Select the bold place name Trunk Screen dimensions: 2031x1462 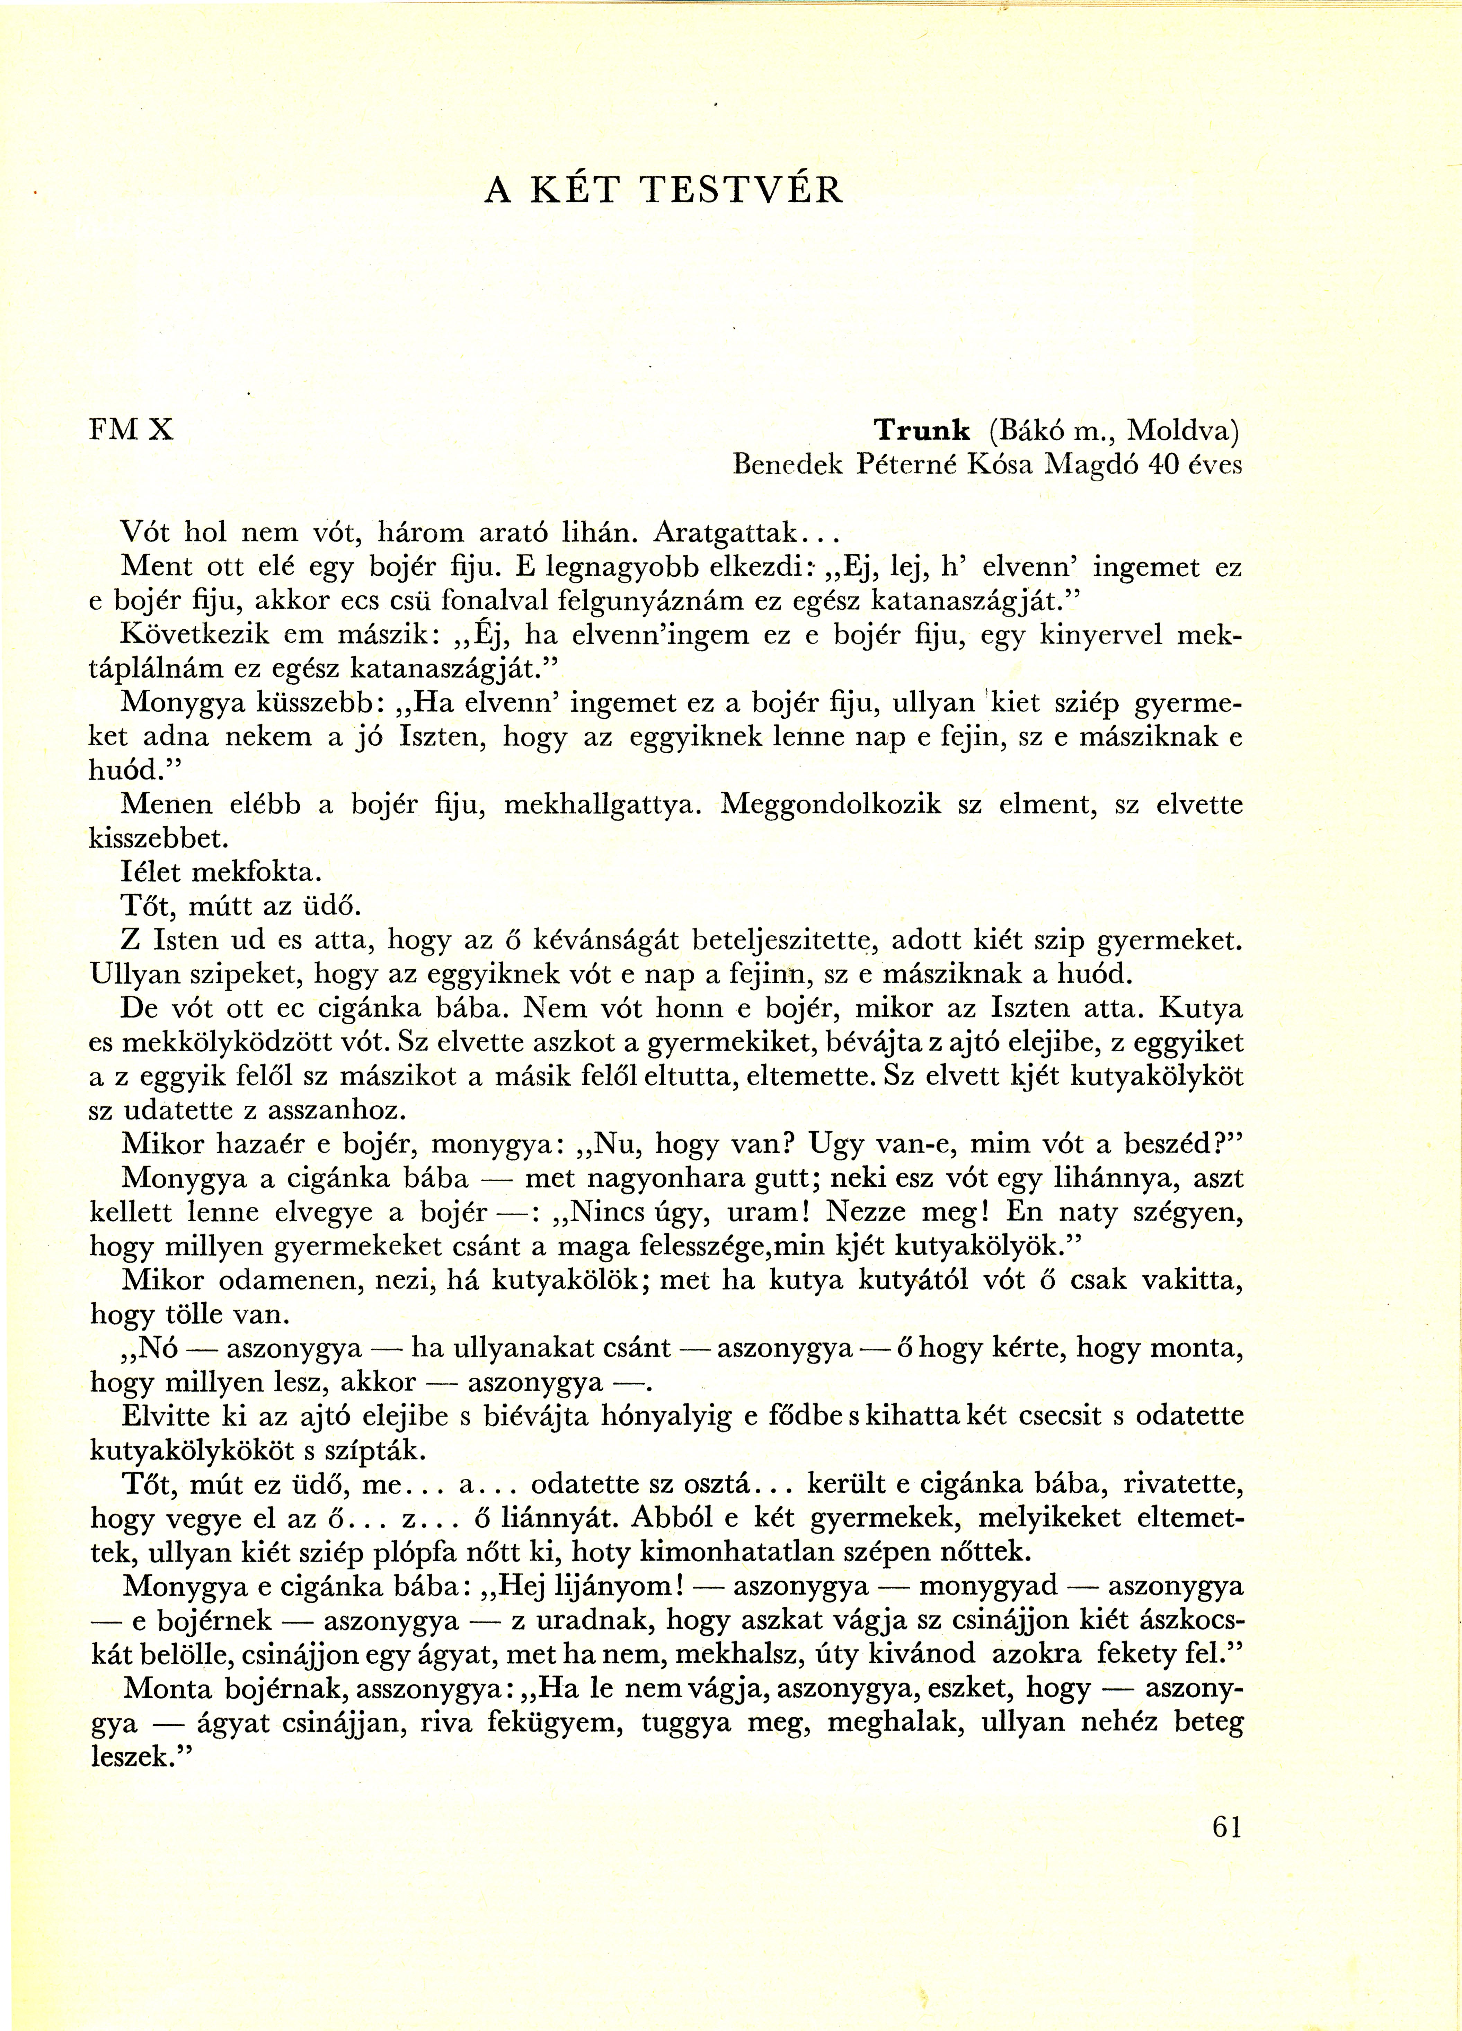(x=922, y=431)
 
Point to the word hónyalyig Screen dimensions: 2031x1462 (x=624, y=1417)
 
